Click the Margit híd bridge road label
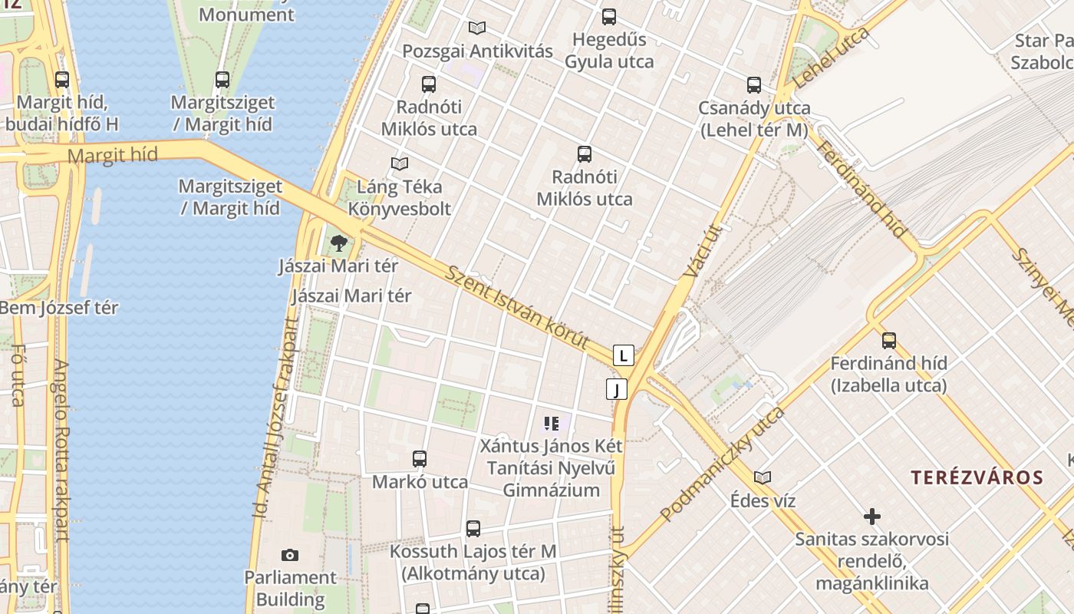click(113, 156)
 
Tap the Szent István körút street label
click(518, 307)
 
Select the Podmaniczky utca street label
click(722, 464)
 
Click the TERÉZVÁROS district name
click(977, 477)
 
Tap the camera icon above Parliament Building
click(290, 555)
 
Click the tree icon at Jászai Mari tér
click(338, 244)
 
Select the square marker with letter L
click(624, 355)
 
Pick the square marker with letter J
click(616, 389)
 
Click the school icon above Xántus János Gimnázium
click(551, 423)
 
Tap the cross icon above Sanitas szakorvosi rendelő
click(871, 516)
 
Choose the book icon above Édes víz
click(763, 477)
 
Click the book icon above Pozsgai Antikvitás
click(477, 28)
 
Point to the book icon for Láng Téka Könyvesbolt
click(399, 163)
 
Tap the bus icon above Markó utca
click(420, 459)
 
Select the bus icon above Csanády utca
click(754, 85)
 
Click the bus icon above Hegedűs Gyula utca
click(609, 16)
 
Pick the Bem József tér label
click(59, 308)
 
